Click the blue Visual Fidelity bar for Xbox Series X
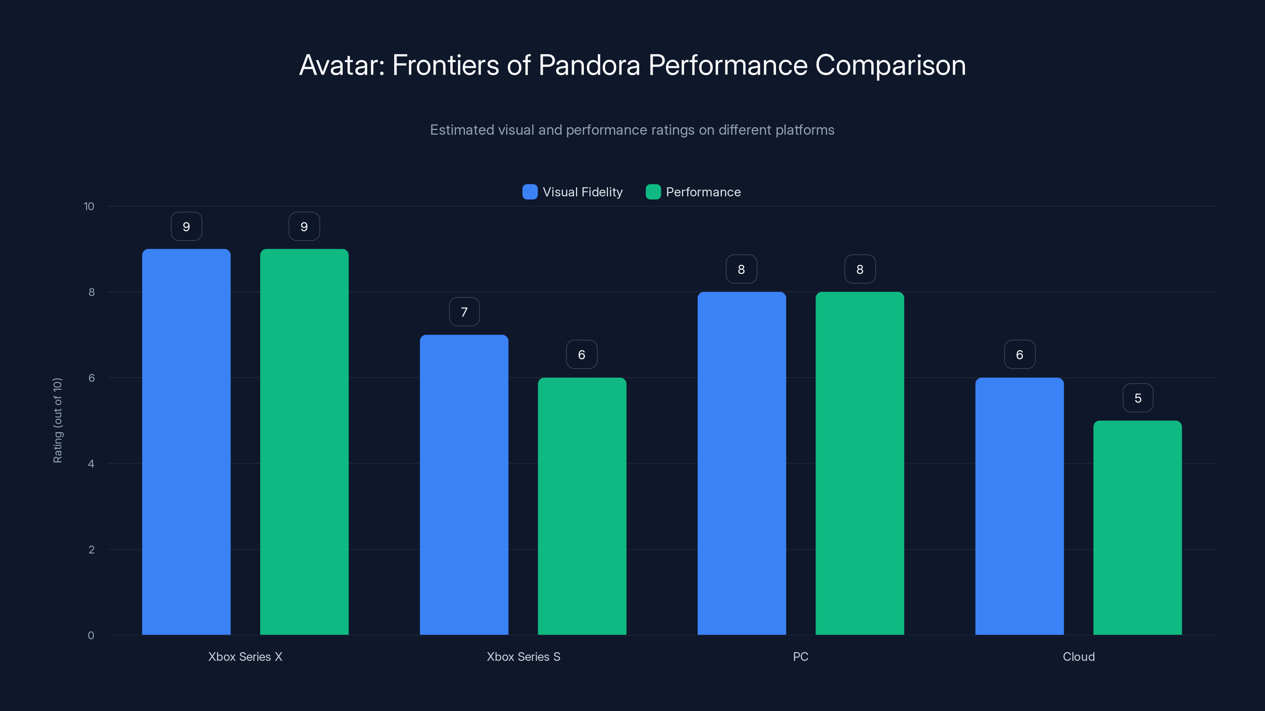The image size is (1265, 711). pyautogui.click(x=186, y=442)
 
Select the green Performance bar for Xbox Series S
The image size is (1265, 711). pyautogui.click(x=582, y=506)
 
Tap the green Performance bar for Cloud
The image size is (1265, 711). pyautogui.click(x=1137, y=527)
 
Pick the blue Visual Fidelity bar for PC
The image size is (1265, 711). pyautogui.click(x=742, y=464)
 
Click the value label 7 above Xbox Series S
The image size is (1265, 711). pyautogui.click(x=464, y=312)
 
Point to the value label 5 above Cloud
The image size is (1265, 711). pyautogui.click(x=1138, y=398)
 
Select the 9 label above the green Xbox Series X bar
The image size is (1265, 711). pyautogui.click(x=304, y=227)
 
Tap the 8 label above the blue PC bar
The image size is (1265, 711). pyautogui.click(x=742, y=269)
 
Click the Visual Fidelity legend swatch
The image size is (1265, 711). pyautogui.click(x=530, y=192)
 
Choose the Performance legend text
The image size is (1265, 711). pyautogui.click(x=703, y=192)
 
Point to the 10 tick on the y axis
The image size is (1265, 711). pyautogui.click(x=89, y=206)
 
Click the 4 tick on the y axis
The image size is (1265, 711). pyautogui.click(x=91, y=464)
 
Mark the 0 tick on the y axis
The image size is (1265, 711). pyautogui.click(x=91, y=636)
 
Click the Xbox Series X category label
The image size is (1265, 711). pyautogui.click(x=245, y=656)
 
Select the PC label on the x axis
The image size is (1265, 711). pyautogui.click(x=801, y=656)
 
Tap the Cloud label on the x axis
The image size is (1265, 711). pyautogui.click(x=1078, y=656)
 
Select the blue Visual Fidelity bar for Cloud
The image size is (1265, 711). pyautogui.click(x=1020, y=506)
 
